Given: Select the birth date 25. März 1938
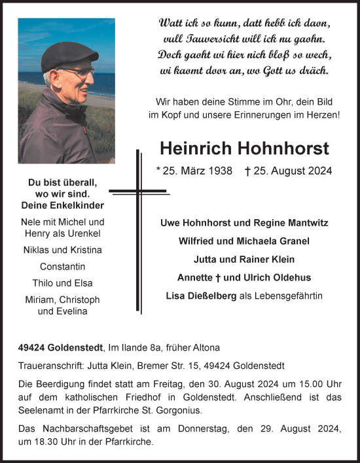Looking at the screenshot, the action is [194, 171].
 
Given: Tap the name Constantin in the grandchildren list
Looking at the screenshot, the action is [63, 267].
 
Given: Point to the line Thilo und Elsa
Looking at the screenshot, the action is [63, 283].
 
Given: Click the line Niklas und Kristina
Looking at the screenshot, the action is [63, 250].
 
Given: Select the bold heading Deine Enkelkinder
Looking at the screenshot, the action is [63, 205].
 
